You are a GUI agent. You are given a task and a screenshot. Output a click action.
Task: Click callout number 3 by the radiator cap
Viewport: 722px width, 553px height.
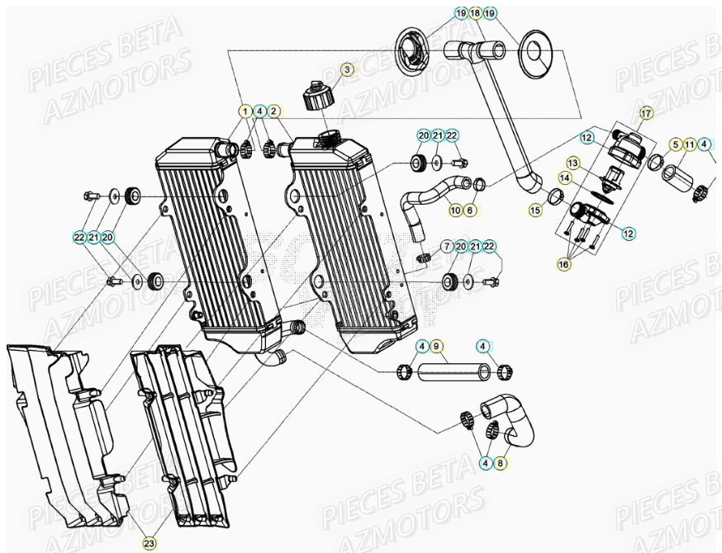pos(348,70)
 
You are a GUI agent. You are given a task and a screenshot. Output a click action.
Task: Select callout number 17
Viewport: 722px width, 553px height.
pos(646,112)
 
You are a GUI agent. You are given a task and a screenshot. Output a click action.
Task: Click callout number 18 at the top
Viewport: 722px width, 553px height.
pos(475,14)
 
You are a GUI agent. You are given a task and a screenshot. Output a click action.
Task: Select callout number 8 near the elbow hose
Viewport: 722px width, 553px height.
pos(500,464)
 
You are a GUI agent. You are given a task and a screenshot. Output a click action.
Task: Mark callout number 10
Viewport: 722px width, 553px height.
pos(454,210)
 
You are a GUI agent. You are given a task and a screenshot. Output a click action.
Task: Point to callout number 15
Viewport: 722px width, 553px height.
pos(535,211)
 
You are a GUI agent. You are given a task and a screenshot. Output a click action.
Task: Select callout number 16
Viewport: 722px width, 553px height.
pos(565,265)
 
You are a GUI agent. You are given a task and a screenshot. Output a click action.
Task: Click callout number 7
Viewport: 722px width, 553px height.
pos(446,247)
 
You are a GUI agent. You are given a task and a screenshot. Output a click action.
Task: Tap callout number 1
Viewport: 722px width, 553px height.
pos(245,110)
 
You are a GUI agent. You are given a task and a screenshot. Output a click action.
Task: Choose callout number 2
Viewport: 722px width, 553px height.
pos(274,110)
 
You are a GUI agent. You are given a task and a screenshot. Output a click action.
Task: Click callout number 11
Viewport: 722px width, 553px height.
pos(690,144)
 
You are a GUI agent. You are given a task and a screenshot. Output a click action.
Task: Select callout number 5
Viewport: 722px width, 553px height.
pos(676,144)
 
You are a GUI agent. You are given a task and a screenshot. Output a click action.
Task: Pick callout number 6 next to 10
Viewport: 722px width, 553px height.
pos(469,210)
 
